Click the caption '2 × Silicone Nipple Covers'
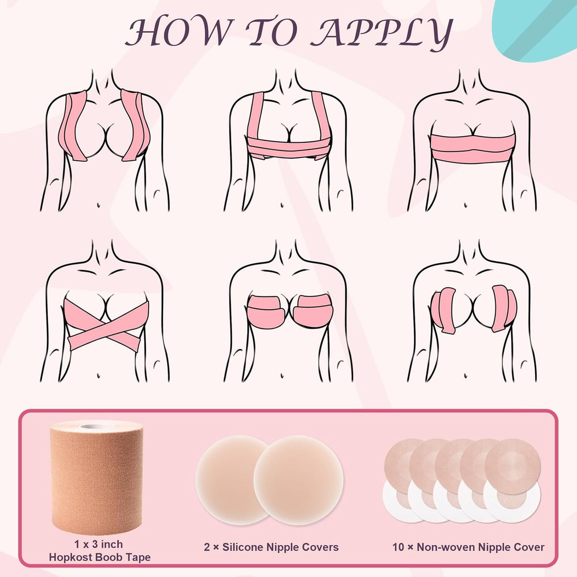[x=271, y=547]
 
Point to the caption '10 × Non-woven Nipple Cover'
[x=468, y=547]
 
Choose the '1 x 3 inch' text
[x=99, y=544]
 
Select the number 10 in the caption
[x=398, y=547]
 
